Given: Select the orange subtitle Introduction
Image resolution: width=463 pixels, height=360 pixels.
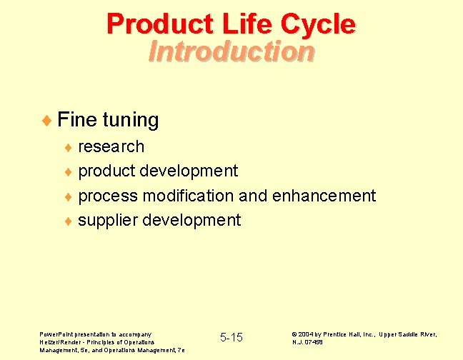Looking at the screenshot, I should pos(231,51).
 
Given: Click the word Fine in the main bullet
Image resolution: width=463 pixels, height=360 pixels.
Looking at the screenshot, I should pos(77,119).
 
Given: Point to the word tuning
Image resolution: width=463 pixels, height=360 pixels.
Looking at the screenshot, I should pos(131,120).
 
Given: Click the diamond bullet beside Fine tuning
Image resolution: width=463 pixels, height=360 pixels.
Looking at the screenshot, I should pos(47,120).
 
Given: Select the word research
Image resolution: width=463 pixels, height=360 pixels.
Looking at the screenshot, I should pos(111,146).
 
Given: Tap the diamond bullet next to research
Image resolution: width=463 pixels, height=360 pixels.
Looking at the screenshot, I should pos(69,147).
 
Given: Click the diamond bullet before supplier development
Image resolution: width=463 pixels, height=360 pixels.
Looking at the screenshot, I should pos(69,221).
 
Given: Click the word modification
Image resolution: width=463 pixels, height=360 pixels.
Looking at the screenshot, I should pos(189,195).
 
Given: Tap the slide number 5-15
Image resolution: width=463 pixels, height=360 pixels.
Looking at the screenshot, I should pos(231,337).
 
